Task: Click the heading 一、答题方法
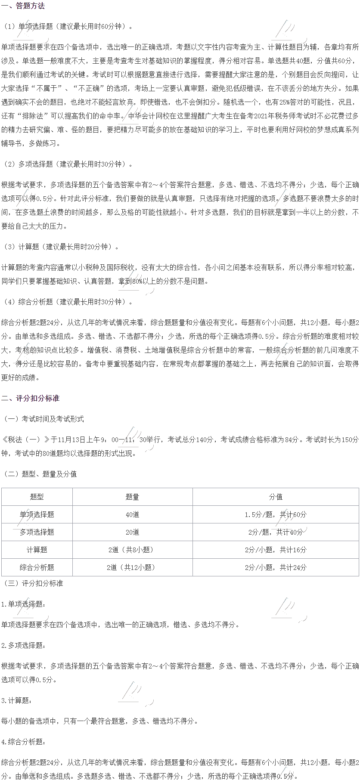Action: click(23, 6)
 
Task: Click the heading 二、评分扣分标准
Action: click(30, 399)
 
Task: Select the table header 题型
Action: click(37, 497)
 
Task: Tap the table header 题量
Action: click(132, 497)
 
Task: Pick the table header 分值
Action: click(276, 497)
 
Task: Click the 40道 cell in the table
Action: click(132, 514)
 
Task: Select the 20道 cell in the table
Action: click(132, 532)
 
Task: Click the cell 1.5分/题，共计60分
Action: click(276, 514)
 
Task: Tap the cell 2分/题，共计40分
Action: click(276, 532)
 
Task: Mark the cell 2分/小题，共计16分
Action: click(276, 550)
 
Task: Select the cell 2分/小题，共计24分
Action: click(276, 567)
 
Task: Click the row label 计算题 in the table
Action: click(37, 550)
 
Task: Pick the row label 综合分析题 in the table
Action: click(37, 567)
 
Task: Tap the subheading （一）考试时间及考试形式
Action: click(43, 419)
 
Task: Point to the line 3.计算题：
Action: click(16, 700)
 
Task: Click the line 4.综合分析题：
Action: click(23, 742)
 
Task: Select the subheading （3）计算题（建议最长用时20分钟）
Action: click(61, 247)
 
